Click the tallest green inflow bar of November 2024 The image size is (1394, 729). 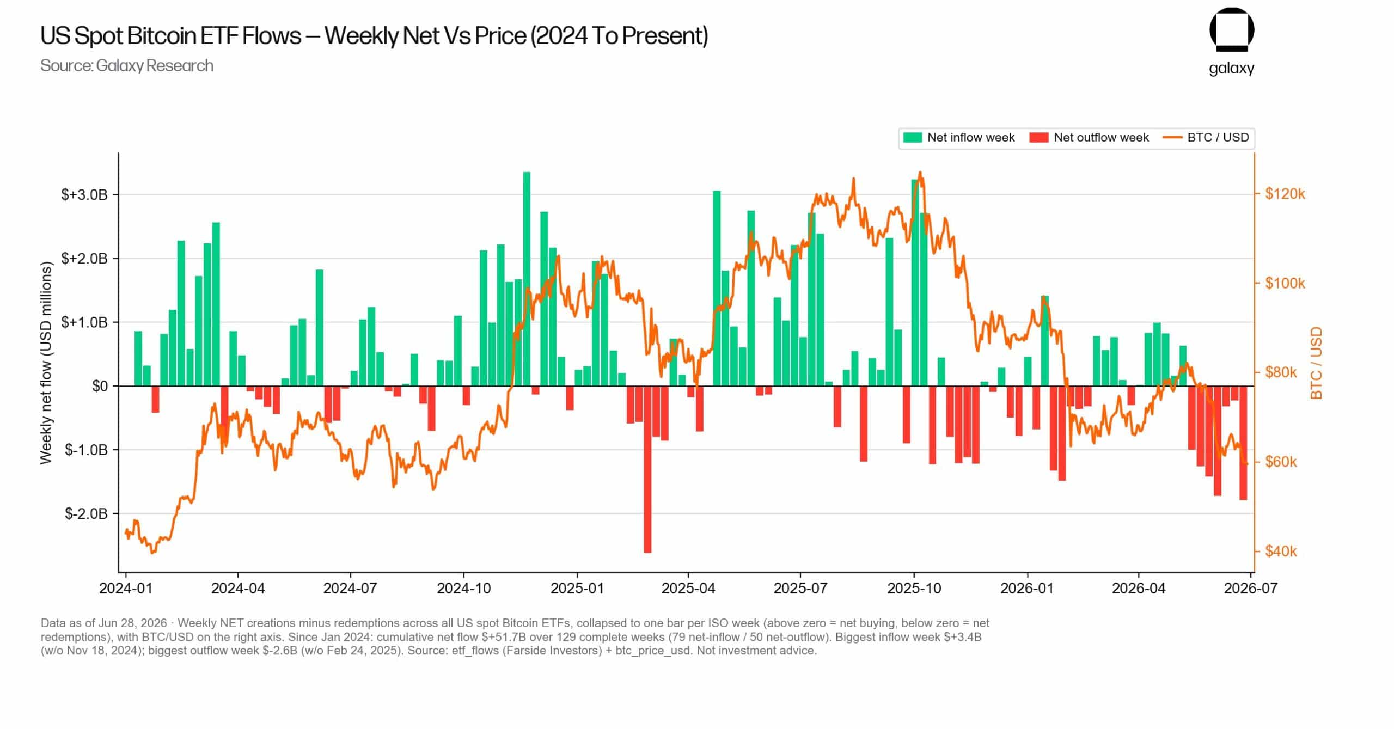[x=527, y=279]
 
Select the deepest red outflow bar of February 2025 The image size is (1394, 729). [x=647, y=469]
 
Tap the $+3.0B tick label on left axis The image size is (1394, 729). [x=84, y=195]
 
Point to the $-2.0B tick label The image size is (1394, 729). [x=86, y=513]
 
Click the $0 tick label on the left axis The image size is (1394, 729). [x=100, y=386]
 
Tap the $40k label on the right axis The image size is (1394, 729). [x=1281, y=552]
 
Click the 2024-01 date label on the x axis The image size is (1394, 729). [x=126, y=589]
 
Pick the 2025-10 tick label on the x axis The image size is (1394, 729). [x=914, y=589]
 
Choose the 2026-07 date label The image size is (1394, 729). [x=1251, y=589]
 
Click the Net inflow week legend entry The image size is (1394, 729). [x=959, y=137]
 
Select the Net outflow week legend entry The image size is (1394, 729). [x=1089, y=137]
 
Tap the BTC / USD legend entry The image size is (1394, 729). [x=1206, y=137]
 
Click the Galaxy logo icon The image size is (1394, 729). [x=1232, y=30]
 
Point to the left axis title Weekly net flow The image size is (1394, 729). [x=46, y=363]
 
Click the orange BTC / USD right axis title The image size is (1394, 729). [x=1316, y=363]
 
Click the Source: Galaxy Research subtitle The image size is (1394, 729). [x=127, y=66]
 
